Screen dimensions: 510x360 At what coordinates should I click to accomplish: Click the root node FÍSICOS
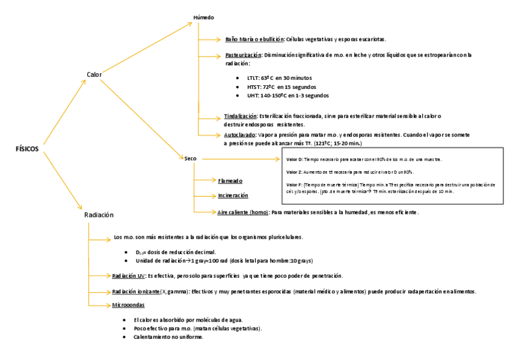click(27, 149)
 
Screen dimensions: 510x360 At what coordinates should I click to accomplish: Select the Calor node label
click(94, 75)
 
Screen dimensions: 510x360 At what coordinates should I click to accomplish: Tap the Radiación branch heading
click(99, 215)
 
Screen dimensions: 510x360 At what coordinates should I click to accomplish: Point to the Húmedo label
click(203, 17)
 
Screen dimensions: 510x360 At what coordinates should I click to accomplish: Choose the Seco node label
click(191, 159)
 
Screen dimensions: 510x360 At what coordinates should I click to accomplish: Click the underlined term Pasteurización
click(239, 55)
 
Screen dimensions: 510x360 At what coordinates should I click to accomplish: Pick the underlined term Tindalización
click(240, 116)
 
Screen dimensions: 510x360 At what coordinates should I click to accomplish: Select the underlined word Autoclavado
click(239, 135)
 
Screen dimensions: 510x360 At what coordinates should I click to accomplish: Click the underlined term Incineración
click(233, 195)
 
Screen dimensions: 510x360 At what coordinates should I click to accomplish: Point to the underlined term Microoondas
click(129, 306)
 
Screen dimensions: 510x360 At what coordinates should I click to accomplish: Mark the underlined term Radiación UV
click(129, 276)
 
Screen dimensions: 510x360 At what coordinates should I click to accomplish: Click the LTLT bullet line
click(279, 78)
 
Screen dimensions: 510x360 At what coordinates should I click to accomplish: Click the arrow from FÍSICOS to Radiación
click(63, 180)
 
